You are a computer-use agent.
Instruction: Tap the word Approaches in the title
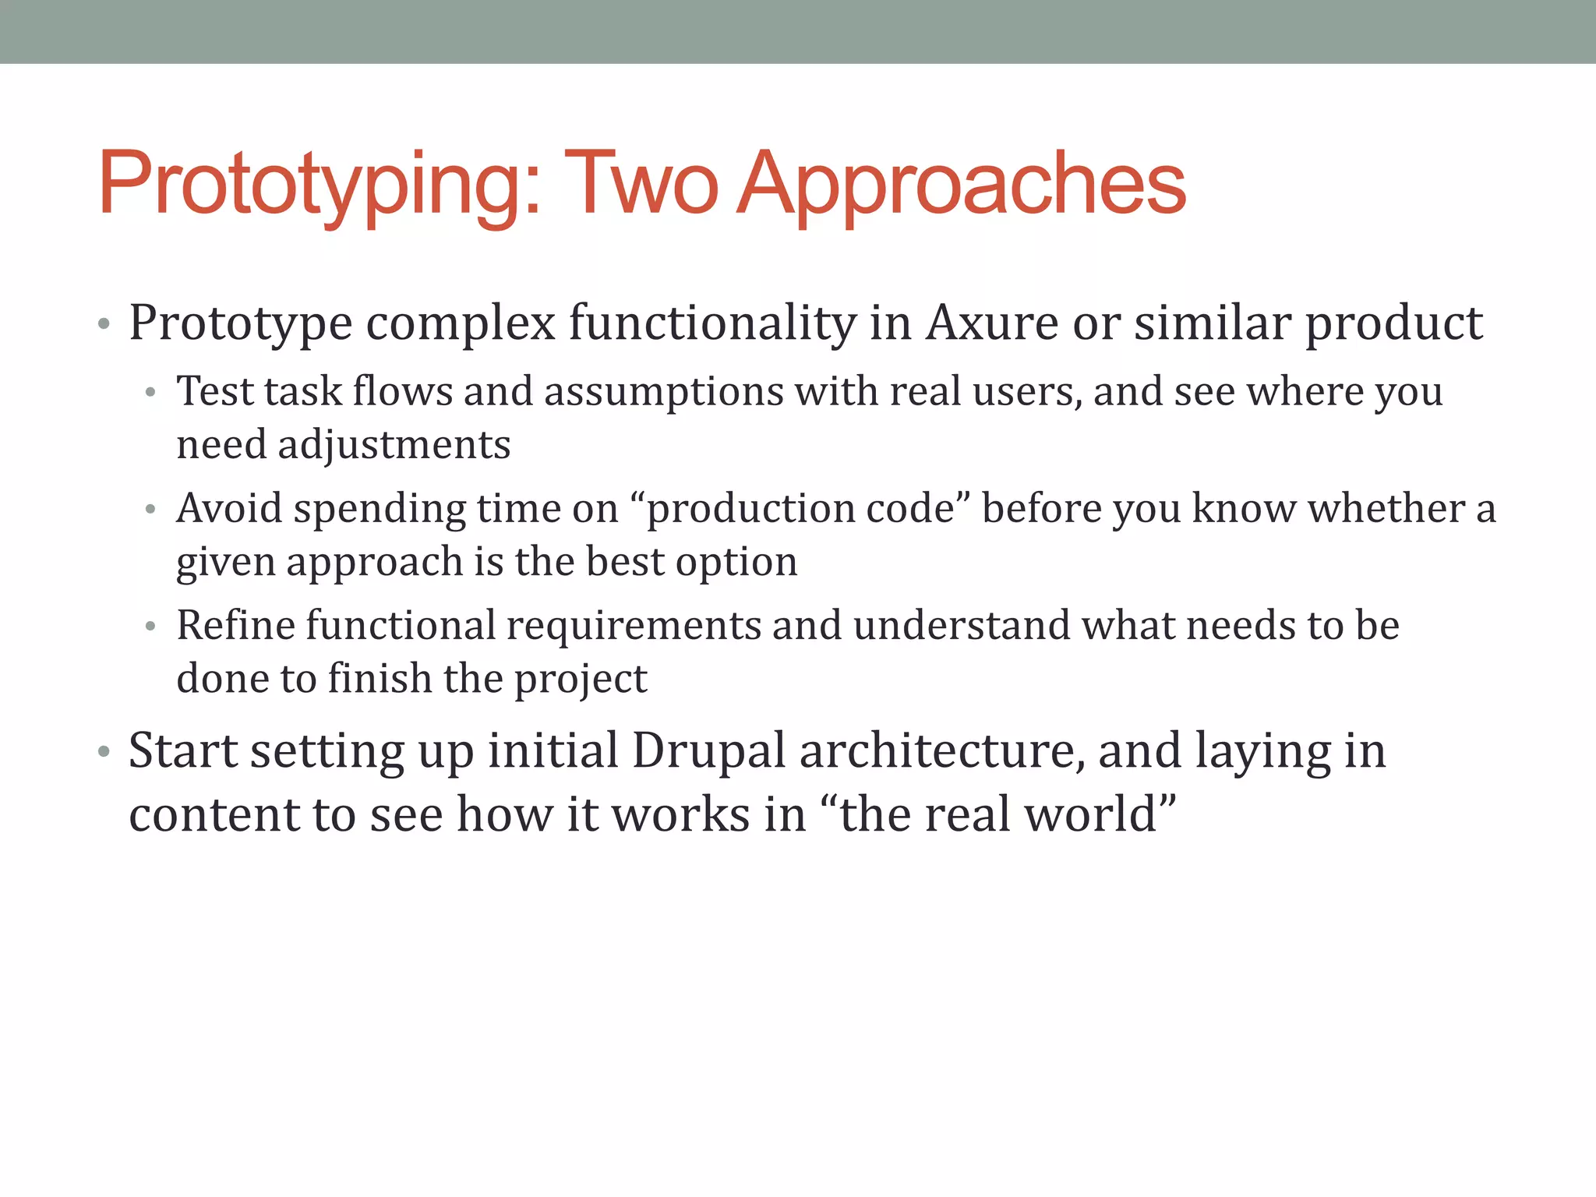(962, 185)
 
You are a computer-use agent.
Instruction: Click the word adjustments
(394, 445)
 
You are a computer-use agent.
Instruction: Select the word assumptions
(663, 391)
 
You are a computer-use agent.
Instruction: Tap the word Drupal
(708, 751)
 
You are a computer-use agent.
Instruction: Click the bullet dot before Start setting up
(104, 753)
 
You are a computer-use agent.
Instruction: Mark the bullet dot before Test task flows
(151, 393)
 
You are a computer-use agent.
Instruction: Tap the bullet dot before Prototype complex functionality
(104, 324)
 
